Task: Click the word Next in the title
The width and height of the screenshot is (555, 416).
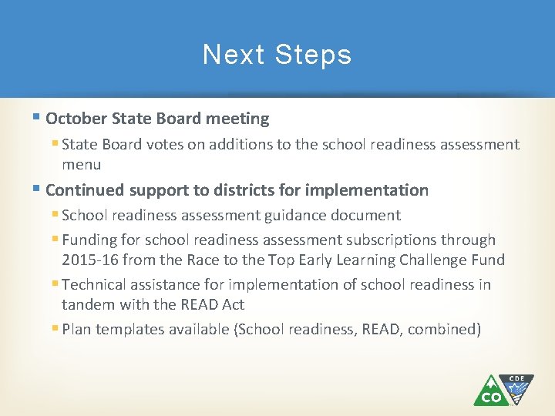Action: [x=227, y=55]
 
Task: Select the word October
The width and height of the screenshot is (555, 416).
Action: [x=76, y=119]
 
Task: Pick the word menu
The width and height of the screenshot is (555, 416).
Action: [x=81, y=164]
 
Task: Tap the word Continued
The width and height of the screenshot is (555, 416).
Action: [x=85, y=190]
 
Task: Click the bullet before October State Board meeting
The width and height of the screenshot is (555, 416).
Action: [x=37, y=119]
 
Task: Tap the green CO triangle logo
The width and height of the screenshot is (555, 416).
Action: [x=490, y=391]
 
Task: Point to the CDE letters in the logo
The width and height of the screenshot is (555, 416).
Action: [x=516, y=378]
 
